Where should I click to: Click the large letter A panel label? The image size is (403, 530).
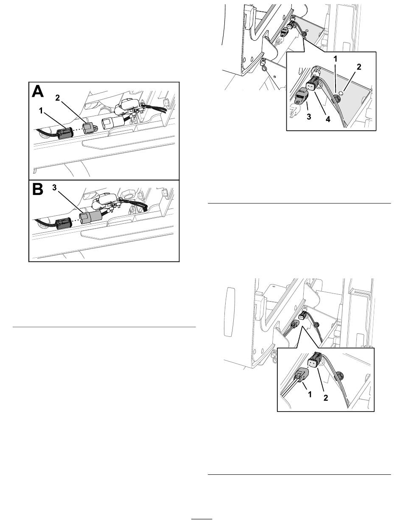click(38, 92)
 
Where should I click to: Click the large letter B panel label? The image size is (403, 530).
click(38, 189)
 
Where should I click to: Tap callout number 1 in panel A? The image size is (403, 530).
click(41, 111)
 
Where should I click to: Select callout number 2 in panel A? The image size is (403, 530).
click(57, 98)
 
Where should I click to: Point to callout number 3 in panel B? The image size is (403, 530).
click(54, 188)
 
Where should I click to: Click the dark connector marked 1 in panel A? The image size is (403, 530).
click(64, 133)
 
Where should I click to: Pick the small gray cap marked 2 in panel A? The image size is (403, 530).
click(89, 128)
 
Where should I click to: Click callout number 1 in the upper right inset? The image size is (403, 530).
click(335, 59)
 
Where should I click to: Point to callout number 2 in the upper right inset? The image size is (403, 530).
click(359, 67)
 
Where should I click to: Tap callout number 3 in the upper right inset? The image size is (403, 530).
click(309, 117)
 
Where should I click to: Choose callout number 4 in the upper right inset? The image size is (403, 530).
click(328, 119)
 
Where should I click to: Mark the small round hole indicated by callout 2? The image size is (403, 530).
click(341, 92)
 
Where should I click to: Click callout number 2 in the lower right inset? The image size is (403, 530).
click(326, 397)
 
